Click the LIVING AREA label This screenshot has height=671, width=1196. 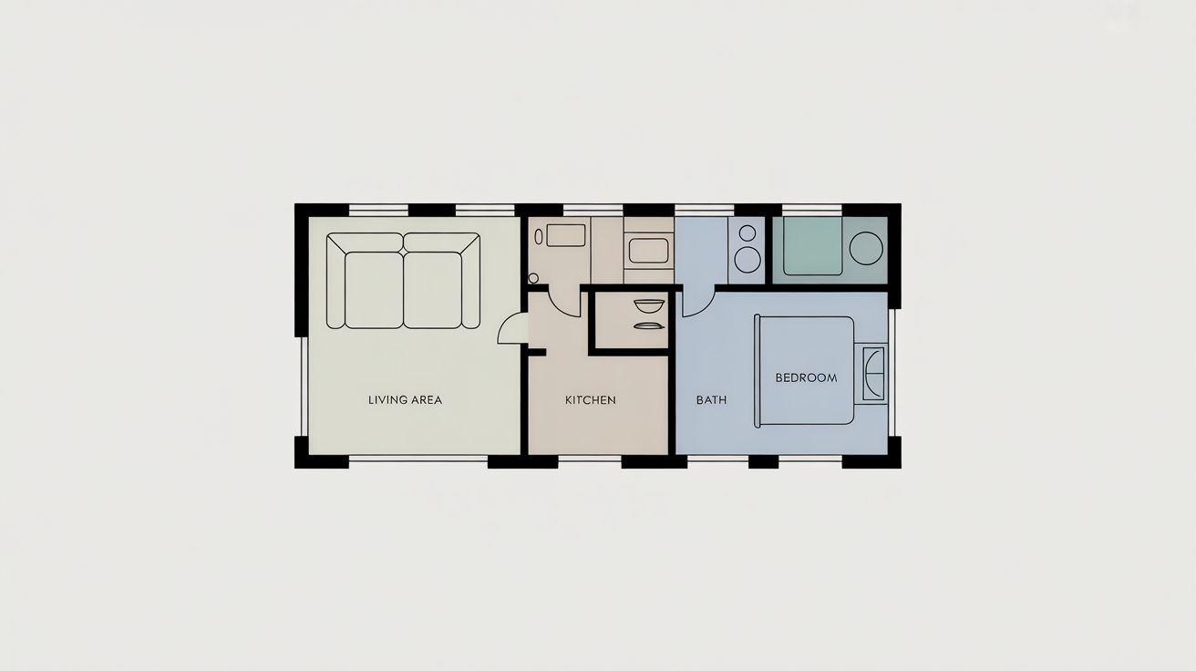click(x=405, y=399)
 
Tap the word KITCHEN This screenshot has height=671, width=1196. click(x=590, y=399)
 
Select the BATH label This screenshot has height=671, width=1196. click(x=711, y=399)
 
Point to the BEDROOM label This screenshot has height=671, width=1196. click(x=806, y=377)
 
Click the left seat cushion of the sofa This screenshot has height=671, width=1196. click(x=374, y=290)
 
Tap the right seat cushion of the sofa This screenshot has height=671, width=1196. click(x=432, y=290)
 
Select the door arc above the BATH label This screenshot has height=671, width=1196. click(x=697, y=302)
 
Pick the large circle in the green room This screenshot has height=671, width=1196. click(x=865, y=248)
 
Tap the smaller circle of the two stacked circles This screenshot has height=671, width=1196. click(x=747, y=232)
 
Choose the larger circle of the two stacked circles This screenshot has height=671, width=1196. click(x=747, y=259)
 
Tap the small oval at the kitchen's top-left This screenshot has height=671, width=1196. click(x=539, y=235)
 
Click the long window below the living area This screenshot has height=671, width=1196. click(x=418, y=459)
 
